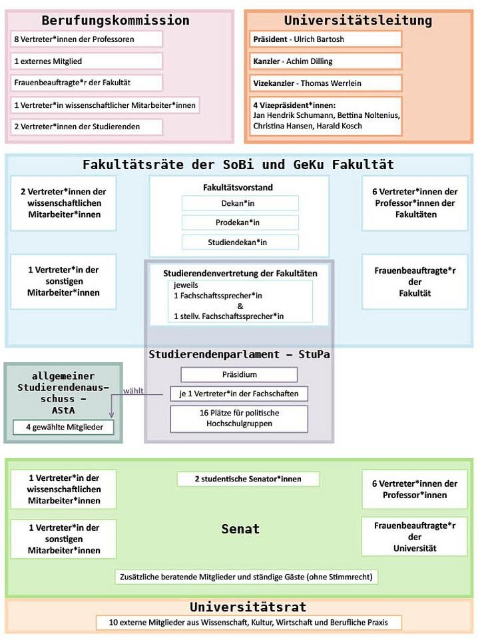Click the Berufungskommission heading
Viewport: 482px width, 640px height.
tap(115, 20)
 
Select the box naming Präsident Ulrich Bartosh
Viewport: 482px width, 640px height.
tap(326, 39)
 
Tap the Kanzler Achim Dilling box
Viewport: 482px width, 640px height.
tap(326, 61)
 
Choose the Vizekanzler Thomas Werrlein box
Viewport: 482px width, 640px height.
tap(326, 83)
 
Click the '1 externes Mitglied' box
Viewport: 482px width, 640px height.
tap(87, 61)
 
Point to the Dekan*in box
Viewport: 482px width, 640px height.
tap(240, 204)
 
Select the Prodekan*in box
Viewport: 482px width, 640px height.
tap(240, 223)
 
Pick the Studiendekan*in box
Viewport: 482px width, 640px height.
tap(240, 242)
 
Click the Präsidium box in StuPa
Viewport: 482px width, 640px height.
tap(240, 374)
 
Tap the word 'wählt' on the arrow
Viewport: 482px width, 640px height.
tap(133, 390)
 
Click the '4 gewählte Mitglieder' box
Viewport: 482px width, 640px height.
tap(64, 427)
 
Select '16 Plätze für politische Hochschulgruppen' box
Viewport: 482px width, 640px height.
tap(240, 418)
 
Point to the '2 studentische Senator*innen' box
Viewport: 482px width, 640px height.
tap(248, 479)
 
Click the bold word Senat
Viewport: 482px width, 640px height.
tap(240, 529)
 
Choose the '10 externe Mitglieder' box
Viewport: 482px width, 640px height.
tap(250, 623)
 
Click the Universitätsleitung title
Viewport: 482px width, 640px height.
tap(358, 20)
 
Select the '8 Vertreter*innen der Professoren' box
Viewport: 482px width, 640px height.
tap(87, 39)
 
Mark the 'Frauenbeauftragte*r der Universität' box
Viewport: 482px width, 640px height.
tap(414, 536)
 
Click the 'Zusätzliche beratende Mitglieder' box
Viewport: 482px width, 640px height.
tap(246, 576)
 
